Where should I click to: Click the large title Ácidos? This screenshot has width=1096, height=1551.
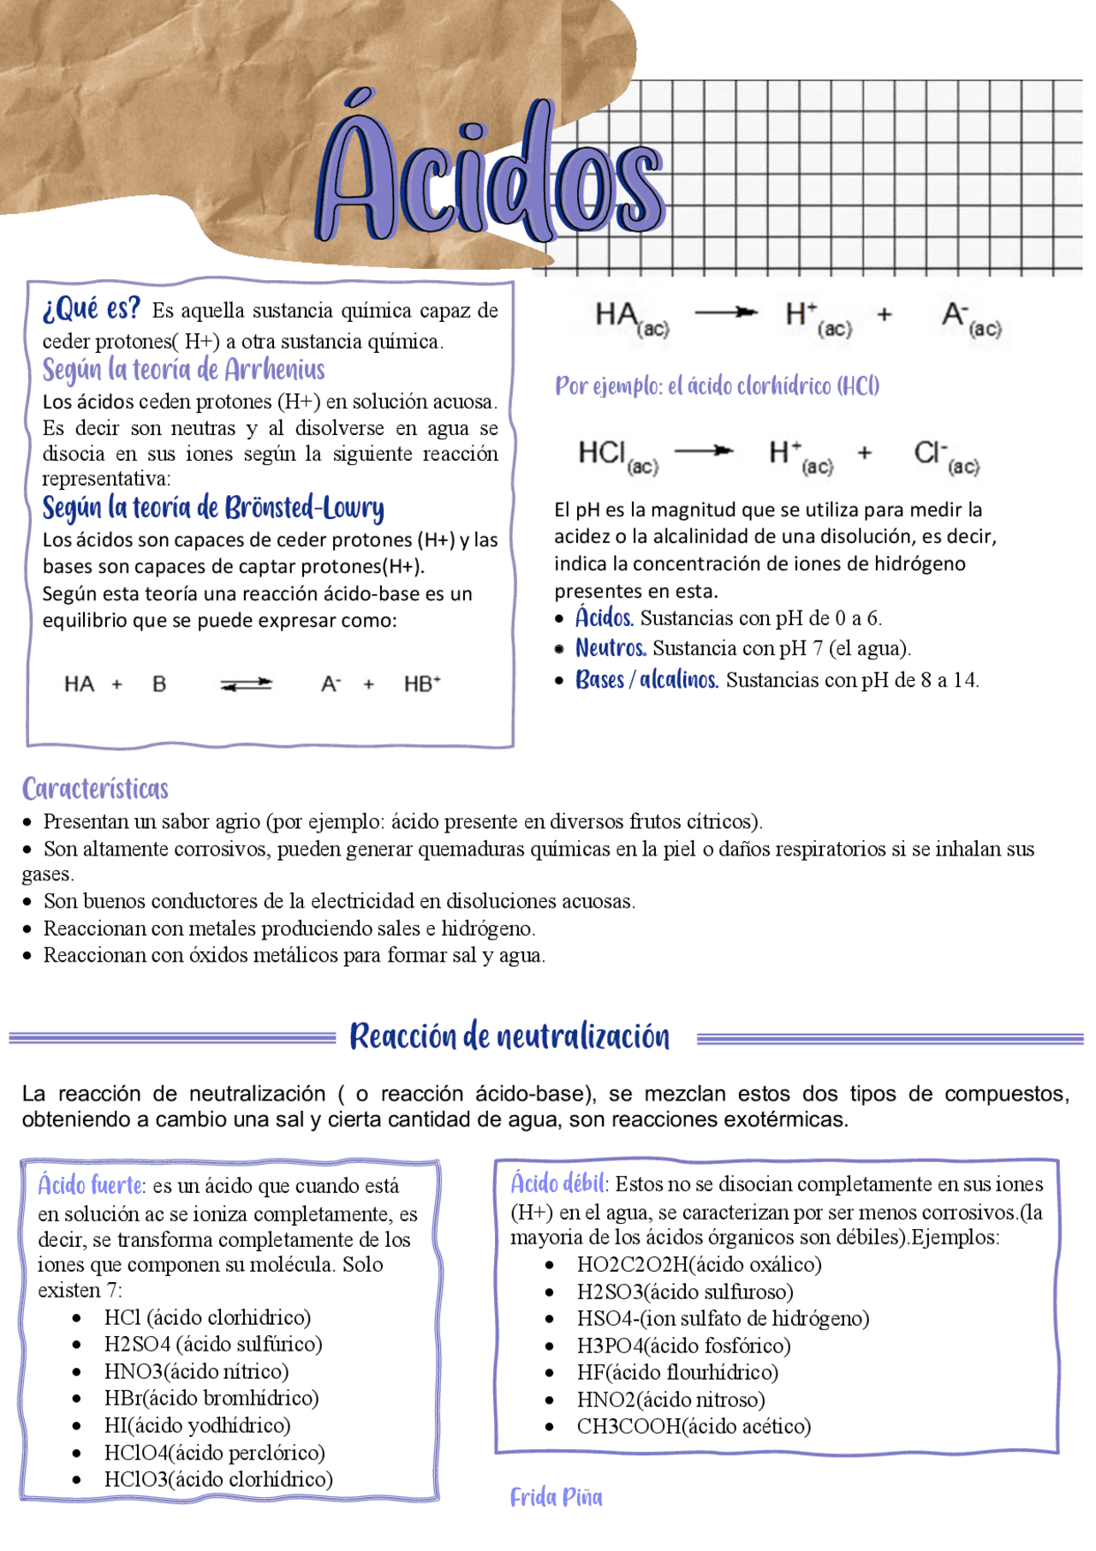(x=492, y=176)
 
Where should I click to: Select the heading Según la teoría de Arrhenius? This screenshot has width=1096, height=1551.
(x=183, y=370)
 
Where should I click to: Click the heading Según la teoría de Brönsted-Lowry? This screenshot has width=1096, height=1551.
(x=212, y=508)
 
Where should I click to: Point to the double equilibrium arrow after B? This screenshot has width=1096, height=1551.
(x=246, y=684)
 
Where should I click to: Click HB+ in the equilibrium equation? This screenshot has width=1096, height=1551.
(x=422, y=684)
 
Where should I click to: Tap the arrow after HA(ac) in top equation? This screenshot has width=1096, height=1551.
(x=726, y=313)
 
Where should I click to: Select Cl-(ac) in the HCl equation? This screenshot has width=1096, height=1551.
(x=945, y=455)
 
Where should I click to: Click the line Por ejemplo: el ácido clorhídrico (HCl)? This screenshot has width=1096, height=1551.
(x=717, y=386)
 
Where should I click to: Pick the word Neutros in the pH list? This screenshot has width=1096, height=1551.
(x=611, y=648)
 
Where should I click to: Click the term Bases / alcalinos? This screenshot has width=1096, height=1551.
(x=646, y=680)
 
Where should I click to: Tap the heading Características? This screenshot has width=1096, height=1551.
(x=95, y=789)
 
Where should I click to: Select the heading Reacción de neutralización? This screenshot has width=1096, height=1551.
(x=509, y=1037)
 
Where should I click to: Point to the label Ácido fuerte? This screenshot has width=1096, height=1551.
(x=90, y=1185)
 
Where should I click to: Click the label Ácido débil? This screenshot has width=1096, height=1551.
(x=557, y=1184)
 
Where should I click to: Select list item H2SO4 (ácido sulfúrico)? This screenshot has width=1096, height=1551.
(x=212, y=1345)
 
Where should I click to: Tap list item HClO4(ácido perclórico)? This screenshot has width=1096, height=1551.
(x=214, y=1453)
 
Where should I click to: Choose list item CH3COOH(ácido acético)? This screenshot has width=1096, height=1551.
(x=694, y=1426)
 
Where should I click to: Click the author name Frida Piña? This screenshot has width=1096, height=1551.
(x=556, y=1497)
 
